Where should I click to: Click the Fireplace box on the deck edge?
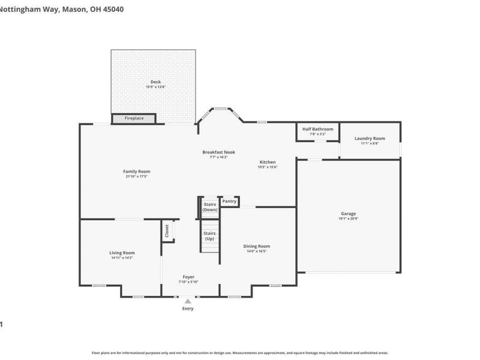(134, 119)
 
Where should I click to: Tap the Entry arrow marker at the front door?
(188, 301)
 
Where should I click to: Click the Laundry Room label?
(370, 139)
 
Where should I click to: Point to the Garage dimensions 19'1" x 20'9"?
(349, 218)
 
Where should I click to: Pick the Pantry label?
(229, 202)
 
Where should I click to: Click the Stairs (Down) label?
(210, 207)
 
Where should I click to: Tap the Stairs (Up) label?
(209, 236)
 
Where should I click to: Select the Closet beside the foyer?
(167, 231)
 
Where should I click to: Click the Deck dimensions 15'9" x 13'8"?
(155, 87)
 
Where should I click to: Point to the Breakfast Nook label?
(218, 152)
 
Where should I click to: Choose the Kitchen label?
(268, 162)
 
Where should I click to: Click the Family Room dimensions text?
(137, 176)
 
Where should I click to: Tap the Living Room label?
(122, 253)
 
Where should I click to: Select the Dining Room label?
(256, 246)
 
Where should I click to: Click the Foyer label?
(188, 277)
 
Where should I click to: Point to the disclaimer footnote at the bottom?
(240, 353)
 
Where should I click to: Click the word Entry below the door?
(188, 308)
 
